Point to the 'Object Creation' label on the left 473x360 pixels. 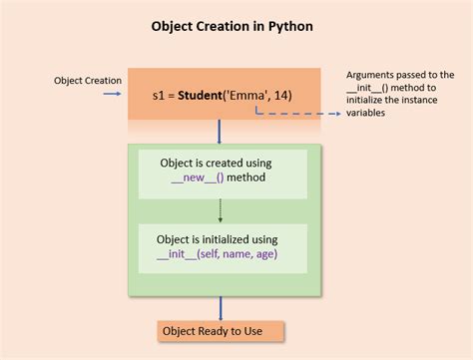click(88, 79)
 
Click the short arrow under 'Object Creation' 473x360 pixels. click(111, 95)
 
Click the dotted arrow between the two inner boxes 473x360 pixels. click(220, 208)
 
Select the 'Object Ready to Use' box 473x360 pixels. click(221, 331)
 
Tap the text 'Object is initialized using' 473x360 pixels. click(217, 239)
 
